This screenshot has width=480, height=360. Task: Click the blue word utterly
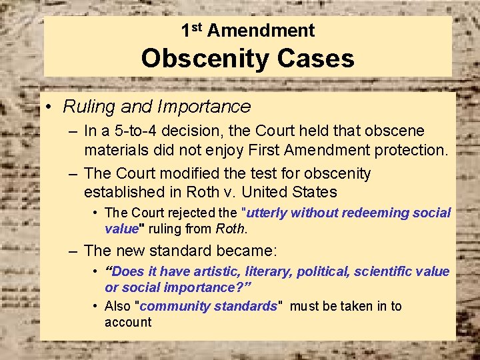coord(267,213)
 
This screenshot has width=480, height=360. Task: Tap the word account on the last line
coord(128,322)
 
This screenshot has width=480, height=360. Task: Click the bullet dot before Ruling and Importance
coord(49,107)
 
